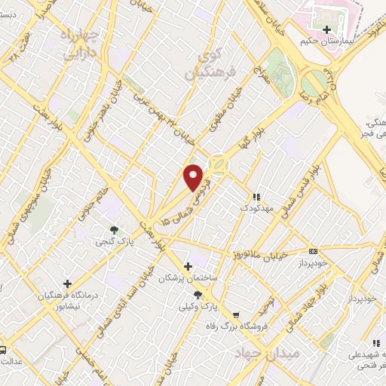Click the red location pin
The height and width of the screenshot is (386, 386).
pyautogui.click(x=195, y=176)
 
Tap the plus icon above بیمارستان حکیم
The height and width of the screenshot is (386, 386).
pyautogui.click(x=326, y=30)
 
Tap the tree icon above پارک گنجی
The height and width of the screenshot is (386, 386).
pyautogui.click(x=114, y=229)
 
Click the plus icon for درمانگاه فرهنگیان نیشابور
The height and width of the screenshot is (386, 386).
pyautogui.click(x=68, y=284)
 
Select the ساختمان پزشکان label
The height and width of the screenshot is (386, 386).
pyautogui.click(x=188, y=279)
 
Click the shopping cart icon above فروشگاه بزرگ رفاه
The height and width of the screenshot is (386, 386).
pyautogui.click(x=236, y=315)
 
